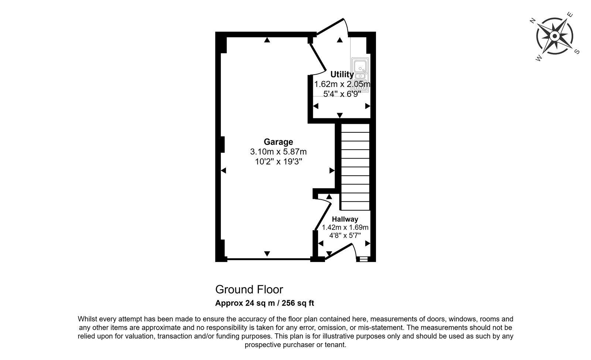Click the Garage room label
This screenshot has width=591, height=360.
[x=279, y=142]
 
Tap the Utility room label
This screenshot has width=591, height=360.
[x=342, y=74]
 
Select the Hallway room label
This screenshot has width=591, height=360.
[x=345, y=219]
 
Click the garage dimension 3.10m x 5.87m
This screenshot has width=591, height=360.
[x=279, y=152]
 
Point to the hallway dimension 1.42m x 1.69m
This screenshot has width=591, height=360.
[x=345, y=227]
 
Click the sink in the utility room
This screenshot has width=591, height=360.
[x=360, y=75]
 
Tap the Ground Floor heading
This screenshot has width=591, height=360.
[x=249, y=289]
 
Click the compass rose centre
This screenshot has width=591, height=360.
[x=554, y=36]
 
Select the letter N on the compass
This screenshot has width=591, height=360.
[x=533, y=21]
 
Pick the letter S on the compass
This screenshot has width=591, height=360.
[x=577, y=52]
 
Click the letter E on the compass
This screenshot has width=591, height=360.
[x=570, y=14]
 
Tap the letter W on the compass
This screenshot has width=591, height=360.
[x=539, y=58]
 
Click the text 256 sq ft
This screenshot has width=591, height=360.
[x=298, y=303]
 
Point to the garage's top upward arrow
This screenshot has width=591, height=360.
[x=267, y=40]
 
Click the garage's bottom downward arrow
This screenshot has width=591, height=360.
[x=267, y=254]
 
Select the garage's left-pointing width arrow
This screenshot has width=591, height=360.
[x=223, y=171]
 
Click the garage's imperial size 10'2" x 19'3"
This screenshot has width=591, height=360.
[x=279, y=162]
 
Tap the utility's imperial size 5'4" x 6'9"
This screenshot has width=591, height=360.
[x=342, y=94]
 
